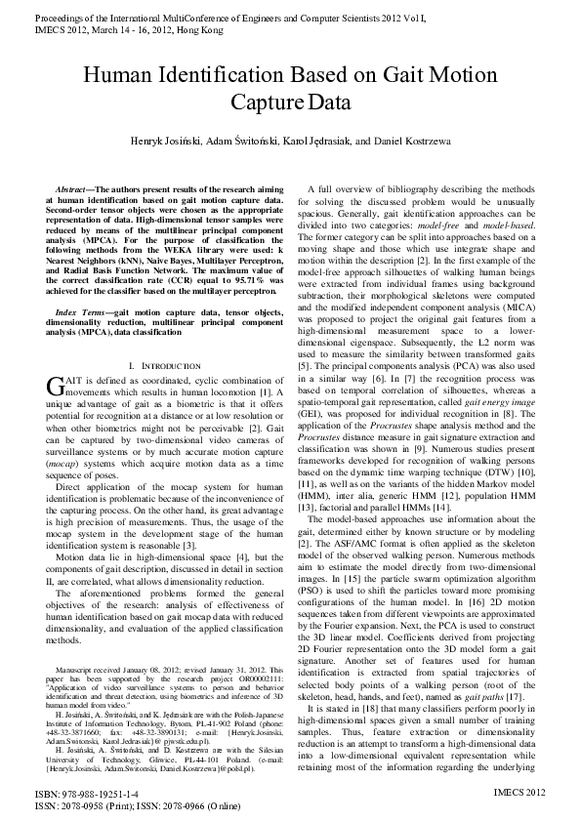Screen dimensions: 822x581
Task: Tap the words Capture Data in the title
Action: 290,101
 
